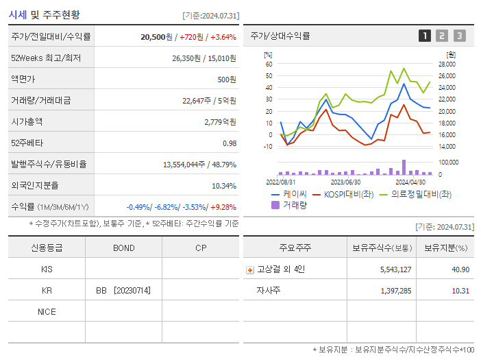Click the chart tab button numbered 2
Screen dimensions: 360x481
pyautogui.click(x=442, y=36)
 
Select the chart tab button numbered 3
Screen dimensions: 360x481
pyautogui.click(x=459, y=36)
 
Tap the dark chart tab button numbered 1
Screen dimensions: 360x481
pyautogui.click(x=425, y=36)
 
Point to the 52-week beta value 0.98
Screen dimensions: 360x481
pyautogui.click(x=229, y=143)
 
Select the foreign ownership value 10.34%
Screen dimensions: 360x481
pyautogui.click(x=224, y=185)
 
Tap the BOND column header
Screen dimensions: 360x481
pyautogui.click(x=123, y=248)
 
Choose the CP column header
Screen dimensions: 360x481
pyautogui.click(x=200, y=248)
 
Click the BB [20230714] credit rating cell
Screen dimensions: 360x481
pyautogui.click(x=123, y=290)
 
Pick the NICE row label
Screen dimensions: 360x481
pyautogui.click(x=47, y=311)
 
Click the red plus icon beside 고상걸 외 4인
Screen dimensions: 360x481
pyautogui.click(x=249, y=269)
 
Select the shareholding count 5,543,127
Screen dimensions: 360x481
pyautogui.click(x=395, y=269)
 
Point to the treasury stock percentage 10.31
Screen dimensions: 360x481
pyautogui.click(x=460, y=291)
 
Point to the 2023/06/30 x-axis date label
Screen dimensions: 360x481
pyautogui.click(x=345, y=182)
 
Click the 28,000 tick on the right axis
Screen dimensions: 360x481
pyautogui.click(x=446, y=64)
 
